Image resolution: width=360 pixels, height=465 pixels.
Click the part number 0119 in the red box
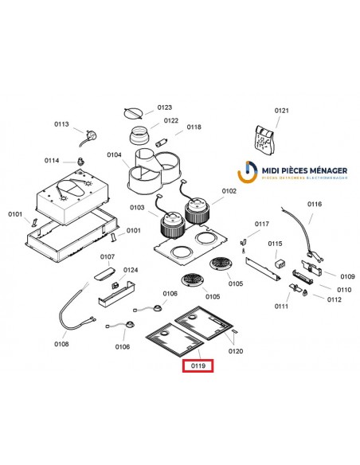pos(195,366)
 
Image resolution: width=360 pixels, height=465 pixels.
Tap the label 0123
pos(165,107)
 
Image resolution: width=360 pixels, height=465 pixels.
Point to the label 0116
pos(315,205)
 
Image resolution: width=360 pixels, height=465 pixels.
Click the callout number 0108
pos(61,344)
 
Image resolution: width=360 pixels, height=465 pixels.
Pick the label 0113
pos(62,124)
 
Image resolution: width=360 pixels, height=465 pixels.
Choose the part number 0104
pos(114,154)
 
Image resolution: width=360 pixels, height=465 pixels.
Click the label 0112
pos(334,299)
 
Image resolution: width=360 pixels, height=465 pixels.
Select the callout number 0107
pos(107,256)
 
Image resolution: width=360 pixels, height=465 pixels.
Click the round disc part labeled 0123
pos(136,111)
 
